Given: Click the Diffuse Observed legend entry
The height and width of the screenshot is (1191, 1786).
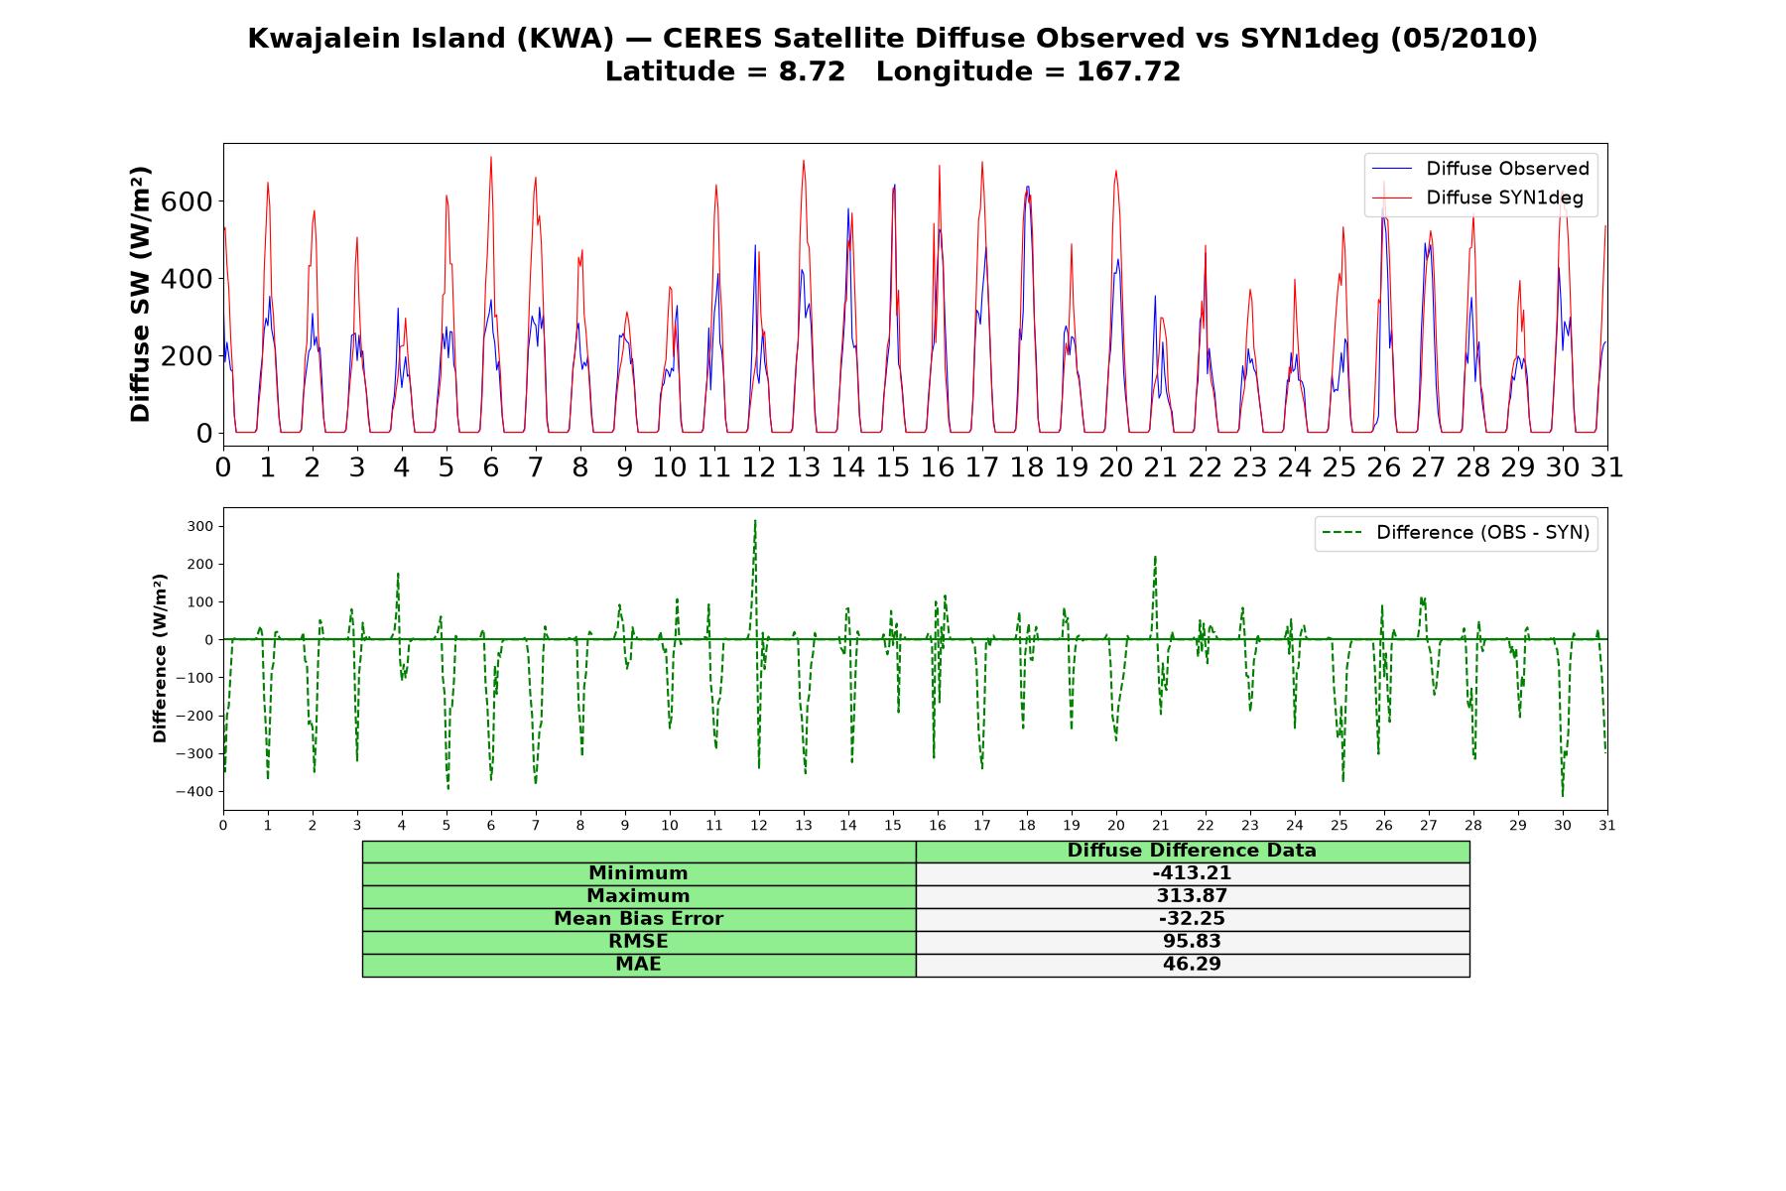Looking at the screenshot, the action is [x=1478, y=169].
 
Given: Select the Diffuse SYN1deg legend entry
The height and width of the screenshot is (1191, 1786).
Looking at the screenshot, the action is [x=1477, y=198].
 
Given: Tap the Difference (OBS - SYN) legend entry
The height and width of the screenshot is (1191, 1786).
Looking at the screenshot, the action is [x=1455, y=533].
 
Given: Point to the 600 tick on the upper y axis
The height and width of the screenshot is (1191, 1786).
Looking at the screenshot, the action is [x=190, y=201].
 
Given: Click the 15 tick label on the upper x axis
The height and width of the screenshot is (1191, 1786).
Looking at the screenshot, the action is [x=893, y=466].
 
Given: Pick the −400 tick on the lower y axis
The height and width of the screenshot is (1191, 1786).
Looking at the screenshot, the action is [x=193, y=791].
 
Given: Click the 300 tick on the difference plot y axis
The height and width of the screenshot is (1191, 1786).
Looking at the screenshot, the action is [x=199, y=526].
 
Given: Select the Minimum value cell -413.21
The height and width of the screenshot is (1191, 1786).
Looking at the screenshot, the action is [x=1192, y=873].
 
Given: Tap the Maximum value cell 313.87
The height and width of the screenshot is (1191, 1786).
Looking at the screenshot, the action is [x=1192, y=896].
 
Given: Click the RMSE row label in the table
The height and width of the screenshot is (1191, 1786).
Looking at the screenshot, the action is [x=638, y=942].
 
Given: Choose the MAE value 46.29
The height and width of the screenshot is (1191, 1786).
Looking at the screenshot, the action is [x=1192, y=965].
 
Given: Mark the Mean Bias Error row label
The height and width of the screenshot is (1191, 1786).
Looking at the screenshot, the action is [x=638, y=919].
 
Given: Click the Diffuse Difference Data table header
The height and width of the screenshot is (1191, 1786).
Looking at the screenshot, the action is [x=1192, y=851].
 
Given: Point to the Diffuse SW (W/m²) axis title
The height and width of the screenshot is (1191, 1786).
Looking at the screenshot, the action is [x=141, y=294].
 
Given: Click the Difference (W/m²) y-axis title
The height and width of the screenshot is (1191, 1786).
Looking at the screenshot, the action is [x=160, y=658].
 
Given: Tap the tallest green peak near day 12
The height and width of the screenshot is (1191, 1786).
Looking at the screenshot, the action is [x=755, y=520].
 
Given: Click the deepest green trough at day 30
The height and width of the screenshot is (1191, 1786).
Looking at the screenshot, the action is [x=1563, y=795].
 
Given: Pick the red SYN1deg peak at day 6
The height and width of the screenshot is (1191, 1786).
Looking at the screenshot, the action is [x=490, y=157].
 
